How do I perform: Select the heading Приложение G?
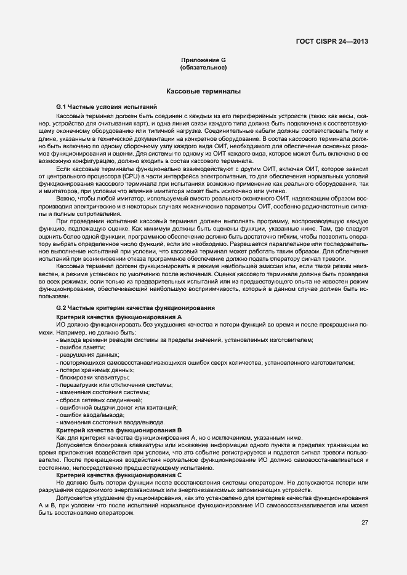click(x=203, y=60)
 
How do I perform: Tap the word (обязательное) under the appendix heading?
click(x=203, y=67)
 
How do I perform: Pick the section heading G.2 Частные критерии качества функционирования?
click(x=135, y=307)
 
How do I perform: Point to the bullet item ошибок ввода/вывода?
click(x=90, y=415)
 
